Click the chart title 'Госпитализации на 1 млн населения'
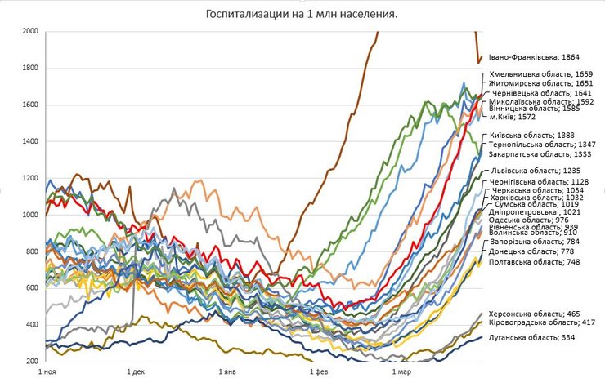coord(303,14)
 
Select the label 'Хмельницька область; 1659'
coord(541,73)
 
